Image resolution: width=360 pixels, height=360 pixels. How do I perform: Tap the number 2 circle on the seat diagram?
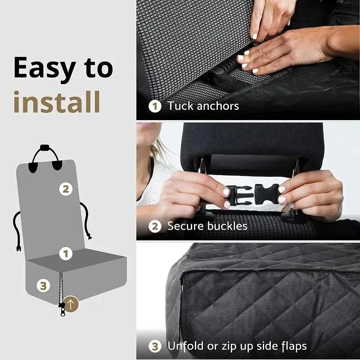coord(66,189)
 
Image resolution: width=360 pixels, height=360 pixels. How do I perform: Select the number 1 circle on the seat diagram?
coord(66,253)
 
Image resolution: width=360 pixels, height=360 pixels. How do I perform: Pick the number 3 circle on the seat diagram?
coord(43,285)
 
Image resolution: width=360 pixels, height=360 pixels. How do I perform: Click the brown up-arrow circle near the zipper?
coord(72,304)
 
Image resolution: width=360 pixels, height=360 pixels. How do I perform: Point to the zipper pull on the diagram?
coord(62,309)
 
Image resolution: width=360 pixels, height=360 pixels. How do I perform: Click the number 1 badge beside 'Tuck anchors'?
coord(155,107)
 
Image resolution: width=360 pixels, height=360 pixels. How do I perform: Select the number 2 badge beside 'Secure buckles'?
coord(155,226)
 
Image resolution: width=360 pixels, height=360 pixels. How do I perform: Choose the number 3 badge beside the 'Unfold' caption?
coord(155,346)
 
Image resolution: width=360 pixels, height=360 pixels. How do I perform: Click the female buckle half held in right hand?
coord(266,193)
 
